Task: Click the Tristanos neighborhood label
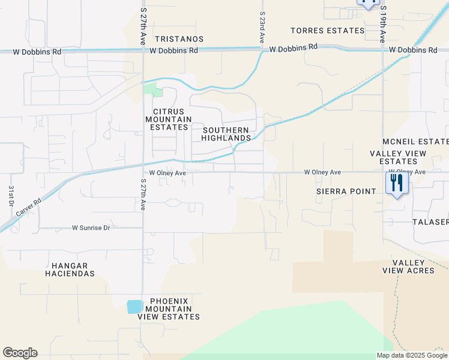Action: click(x=178, y=39)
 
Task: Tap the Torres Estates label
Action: click(x=327, y=31)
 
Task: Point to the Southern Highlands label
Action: click(x=226, y=134)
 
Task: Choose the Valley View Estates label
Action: click(x=398, y=157)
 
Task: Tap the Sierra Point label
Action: click(x=346, y=191)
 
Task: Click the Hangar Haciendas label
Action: click(x=70, y=269)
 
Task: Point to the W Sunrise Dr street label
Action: click(x=99, y=228)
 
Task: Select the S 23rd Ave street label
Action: click(x=262, y=27)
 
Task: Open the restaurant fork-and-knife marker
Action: click(x=396, y=182)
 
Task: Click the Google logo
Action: click(x=20, y=353)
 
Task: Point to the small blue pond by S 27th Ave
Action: click(x=135, y=306)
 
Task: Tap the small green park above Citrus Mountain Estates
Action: click(x=154, y=91)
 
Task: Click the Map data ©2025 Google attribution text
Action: click(x=411, y=355)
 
